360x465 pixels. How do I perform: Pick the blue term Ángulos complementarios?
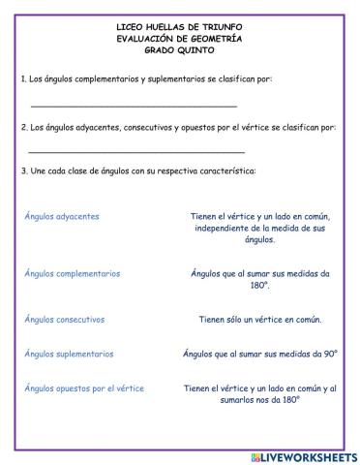pos(73,273)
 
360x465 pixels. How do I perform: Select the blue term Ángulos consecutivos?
pos(65,319)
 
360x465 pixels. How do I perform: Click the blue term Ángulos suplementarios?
pos(69,354)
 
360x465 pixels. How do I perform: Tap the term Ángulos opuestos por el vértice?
pos(84,388)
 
